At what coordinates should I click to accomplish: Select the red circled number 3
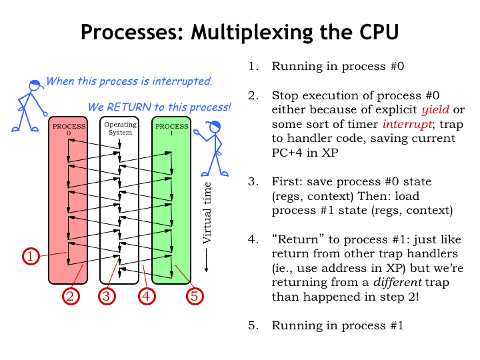click(x=108, y=295)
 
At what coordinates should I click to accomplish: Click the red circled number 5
click(x=194, y=295)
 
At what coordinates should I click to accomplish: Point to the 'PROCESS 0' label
click(x=68, y=129)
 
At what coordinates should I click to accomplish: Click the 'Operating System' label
click(x=119, y=128)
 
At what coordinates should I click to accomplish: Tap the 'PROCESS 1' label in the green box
click(x=171, y=129)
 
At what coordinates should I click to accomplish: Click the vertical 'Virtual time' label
click(x=207, y=212)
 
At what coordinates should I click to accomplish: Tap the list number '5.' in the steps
click(x=253, y=326)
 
